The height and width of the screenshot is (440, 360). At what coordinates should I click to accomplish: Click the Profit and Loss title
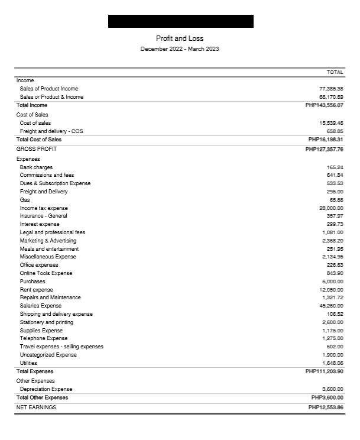click(x=180, y=38)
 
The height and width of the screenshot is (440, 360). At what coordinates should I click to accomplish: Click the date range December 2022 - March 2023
click(x=180, y=48)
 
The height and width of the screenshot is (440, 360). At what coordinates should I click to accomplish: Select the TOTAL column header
click(x=335, y=72)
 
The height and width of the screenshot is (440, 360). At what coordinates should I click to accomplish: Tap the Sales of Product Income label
click(x=48, y=89)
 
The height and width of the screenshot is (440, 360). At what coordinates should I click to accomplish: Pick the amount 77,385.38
click(x=331, y=89)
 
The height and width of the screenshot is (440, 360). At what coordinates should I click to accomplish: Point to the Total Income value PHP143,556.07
click(x=324, y=105)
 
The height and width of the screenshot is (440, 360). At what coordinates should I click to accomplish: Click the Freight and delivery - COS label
click(x=51, y=131)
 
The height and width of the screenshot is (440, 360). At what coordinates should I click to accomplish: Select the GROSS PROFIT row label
click(x=37, y=149)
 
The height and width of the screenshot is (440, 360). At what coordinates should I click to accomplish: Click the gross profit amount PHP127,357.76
click(x=324, y=149)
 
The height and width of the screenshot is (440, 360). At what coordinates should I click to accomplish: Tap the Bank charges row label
click(x=36, y=167)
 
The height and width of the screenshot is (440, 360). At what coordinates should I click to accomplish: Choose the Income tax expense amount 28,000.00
click(x=331, y=208)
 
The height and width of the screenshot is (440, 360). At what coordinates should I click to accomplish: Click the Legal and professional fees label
click(x=53, y=232)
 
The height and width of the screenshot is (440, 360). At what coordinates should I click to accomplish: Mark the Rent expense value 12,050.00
click(x=331, y=290)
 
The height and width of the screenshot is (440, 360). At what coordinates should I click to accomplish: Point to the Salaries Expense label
click(x=41, y=306)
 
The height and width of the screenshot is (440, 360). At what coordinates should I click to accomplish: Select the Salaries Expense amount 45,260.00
click(x=331, y=306)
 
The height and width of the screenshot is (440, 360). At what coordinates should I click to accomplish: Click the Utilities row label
click(x=28, y=363)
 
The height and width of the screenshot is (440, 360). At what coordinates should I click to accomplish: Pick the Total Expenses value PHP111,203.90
click(x=324, y=371)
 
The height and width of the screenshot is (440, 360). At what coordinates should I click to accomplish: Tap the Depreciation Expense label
click(x=46, y=389)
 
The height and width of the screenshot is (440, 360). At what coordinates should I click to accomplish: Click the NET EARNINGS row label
click(x=37, y=407)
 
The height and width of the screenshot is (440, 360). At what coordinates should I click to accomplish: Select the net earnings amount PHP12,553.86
click(x=326, y=407)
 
